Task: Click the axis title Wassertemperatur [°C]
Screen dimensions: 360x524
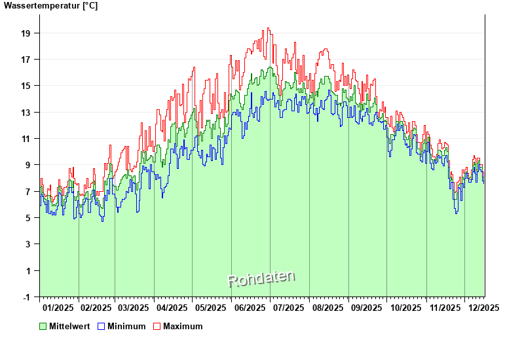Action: (51, 6)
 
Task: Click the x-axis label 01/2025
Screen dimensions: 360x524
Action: (58, 308)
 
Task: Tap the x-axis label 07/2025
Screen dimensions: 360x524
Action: (289, 308)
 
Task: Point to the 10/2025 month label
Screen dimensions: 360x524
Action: (405, 308)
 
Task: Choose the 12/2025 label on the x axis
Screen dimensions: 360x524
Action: (483, 308)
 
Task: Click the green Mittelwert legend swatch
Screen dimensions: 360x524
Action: (43, 326)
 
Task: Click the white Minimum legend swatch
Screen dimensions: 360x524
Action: (102, 326)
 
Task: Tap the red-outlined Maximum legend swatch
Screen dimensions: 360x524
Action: (157, 326)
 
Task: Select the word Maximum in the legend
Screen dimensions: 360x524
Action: (183, 326)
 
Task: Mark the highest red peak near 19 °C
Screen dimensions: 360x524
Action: (268, 29)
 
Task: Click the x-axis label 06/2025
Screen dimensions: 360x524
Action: (250, 308)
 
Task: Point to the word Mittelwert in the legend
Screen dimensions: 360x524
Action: (69, 326)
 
